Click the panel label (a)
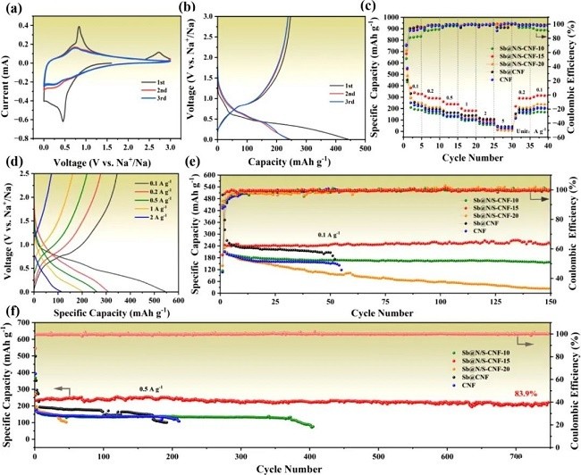coord(12,10)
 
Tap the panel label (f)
coord(10,314)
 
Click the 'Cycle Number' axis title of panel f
coord(291,468)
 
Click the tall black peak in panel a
coord(80,28)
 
